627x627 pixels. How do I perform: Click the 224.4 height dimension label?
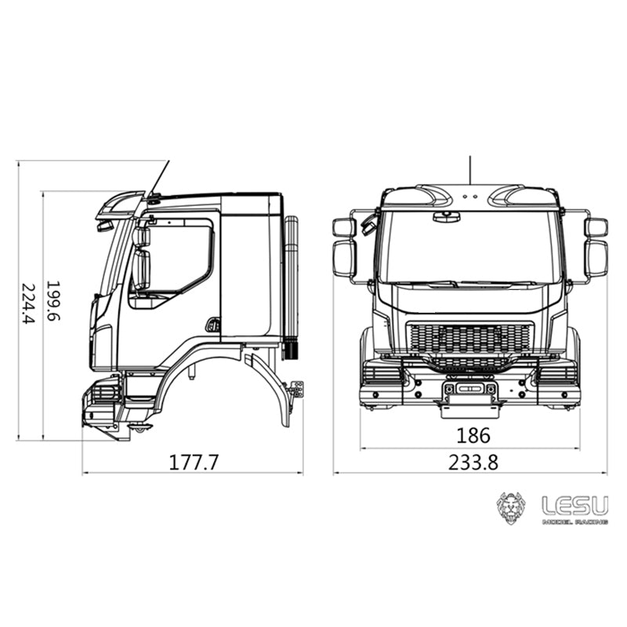[28, 303]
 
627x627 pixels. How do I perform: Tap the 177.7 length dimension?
[194, 462]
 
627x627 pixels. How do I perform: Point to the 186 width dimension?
[473, 436]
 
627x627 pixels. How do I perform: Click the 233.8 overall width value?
[473, 462]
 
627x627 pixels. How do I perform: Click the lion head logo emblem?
[512, 508]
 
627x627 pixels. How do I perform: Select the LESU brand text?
[574, 505]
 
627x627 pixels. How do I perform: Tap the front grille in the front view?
[470, 339]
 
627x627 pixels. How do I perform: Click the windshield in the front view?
[470, 246]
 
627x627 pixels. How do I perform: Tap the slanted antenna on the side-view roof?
[160, 176]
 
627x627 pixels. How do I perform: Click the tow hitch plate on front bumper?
[470, 408]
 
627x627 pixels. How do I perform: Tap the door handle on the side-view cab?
[212, 324]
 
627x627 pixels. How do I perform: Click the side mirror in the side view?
[141, 259]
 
